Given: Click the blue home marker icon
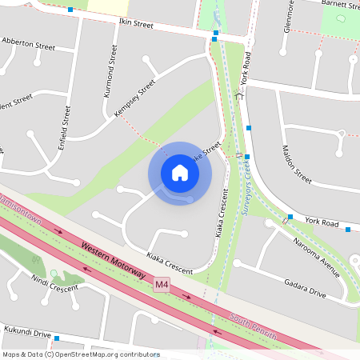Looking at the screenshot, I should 180,173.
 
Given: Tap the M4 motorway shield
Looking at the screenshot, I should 162,284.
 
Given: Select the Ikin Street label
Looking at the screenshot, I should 135,25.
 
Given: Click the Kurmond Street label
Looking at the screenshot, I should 110,71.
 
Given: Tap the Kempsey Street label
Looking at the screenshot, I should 134,98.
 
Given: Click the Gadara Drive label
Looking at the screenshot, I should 305,288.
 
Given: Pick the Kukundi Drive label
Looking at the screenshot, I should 26,334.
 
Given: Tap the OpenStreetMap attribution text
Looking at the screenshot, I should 81,354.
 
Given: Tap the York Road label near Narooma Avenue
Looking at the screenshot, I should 322,222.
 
